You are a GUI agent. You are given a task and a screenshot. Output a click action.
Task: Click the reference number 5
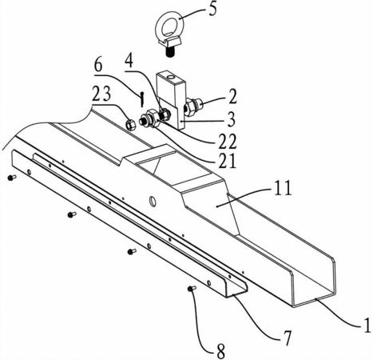click(x=212, y=10)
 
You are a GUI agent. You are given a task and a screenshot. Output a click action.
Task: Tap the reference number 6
click(x=98, y=65)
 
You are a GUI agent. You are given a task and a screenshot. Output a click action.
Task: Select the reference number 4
click(x=129, y=61)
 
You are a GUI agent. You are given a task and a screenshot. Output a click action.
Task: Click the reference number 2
click(x=232, y=97)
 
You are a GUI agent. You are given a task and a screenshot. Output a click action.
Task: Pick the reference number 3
click(x=231, y=119)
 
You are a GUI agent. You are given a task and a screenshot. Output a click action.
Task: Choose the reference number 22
click(x=228, y=141)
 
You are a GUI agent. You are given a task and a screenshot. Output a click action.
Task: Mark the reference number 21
click(x=227, y=161)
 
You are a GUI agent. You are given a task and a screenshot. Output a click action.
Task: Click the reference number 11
click(x=283, y=189)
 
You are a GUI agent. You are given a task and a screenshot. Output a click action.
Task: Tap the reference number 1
click(x=367, y=325)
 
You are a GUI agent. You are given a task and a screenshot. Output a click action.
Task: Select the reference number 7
click(x=287, y=338)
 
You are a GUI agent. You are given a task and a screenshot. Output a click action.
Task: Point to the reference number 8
click(x=220, y=351)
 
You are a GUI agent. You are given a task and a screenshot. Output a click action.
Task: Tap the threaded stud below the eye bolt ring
click(x=169, y=52)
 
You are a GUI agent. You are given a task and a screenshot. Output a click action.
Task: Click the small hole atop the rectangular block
click(x=171, y=78)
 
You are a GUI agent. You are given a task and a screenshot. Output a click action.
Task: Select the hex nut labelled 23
click(x=130, y=124)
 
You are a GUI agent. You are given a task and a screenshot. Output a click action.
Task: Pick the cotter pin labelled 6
click(x=143, y=98)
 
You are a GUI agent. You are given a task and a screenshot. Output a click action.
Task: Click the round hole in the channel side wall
click(x=153, y=201)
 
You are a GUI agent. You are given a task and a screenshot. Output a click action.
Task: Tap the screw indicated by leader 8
click(x=192, y=288)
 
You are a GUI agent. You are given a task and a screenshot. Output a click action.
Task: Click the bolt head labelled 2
click(x=192, y=106)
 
